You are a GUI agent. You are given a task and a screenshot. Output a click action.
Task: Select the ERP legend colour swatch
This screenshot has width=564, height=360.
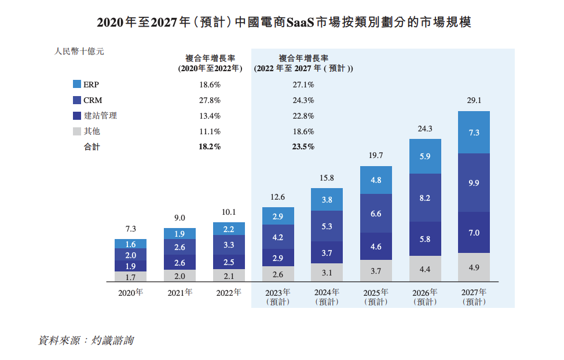76,85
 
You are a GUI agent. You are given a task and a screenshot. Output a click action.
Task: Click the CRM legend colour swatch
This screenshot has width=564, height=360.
76,100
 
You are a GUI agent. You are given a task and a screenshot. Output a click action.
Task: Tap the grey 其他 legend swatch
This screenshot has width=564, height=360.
76,131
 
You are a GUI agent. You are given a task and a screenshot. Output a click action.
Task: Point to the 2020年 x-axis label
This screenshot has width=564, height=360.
130,293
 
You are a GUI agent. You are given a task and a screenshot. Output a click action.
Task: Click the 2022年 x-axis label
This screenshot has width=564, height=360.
229,293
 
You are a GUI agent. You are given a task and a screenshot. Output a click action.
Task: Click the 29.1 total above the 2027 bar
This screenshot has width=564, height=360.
474,101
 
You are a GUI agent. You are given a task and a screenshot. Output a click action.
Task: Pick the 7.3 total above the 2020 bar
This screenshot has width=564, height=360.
130,229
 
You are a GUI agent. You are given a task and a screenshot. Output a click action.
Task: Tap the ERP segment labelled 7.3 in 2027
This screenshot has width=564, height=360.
474,133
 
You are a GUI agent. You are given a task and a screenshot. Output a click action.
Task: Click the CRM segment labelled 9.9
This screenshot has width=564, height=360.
474,183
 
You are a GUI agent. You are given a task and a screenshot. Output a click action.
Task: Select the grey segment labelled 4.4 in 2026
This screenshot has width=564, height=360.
424,269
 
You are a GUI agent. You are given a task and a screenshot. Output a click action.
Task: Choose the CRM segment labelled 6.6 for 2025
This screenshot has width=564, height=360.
376,214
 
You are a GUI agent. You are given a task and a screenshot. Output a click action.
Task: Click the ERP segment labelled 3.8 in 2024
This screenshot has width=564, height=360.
327,200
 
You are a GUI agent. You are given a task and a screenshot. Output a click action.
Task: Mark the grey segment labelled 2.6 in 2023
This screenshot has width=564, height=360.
278,274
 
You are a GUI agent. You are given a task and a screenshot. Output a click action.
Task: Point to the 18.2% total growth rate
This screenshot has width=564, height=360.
209,147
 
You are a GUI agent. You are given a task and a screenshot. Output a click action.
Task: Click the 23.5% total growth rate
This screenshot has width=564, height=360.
303,147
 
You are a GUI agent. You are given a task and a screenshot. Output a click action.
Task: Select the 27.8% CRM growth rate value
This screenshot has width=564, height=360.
209,100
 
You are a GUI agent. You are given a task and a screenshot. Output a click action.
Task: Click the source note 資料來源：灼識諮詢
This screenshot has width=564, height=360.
86,340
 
